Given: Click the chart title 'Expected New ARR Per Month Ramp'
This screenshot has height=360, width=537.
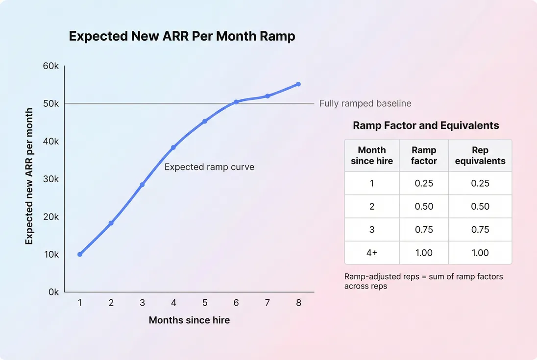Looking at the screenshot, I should click(182, 36).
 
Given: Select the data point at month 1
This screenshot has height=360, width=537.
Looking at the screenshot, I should click(80, 254).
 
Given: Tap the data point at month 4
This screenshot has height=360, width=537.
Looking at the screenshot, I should click(173, 147).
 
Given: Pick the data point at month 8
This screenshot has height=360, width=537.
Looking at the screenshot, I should click(298, 84).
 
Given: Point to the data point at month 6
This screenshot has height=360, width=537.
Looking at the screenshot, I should click(236, 102).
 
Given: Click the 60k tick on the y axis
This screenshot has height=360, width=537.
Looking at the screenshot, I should click(51, 66).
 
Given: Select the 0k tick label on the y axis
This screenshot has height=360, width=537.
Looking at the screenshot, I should click(53, 292).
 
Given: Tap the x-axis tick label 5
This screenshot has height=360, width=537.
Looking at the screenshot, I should click(205, 303).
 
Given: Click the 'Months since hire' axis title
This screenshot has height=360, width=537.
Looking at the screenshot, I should click(189, 320).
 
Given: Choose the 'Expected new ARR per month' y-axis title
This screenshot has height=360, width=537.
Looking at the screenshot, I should click(29, 176).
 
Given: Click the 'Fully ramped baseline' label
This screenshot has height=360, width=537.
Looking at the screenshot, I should click(365, 103).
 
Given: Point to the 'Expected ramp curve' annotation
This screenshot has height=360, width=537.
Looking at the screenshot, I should click(209, 167).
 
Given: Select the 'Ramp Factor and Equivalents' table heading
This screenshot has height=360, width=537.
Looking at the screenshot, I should click(426, 125).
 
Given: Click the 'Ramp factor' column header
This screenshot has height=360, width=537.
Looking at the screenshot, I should click(424, 155).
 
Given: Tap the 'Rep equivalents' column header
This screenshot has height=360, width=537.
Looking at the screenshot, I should click(480, 155).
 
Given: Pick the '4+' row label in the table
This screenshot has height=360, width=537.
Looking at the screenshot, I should click(372, 253).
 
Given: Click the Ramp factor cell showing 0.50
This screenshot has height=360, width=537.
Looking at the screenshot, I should click(424, 206).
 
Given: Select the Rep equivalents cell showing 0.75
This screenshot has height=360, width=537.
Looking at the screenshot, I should click(480, 230).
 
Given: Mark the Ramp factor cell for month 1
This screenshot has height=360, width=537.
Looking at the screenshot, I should click(424, 183).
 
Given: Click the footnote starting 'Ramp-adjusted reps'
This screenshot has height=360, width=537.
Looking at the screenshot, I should click(423, 281).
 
